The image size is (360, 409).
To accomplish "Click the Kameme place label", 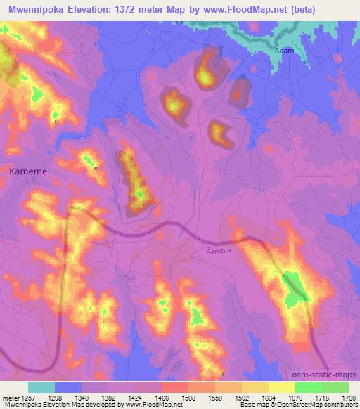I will tap(27, 170).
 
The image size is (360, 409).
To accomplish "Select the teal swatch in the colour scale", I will tap(41, 387).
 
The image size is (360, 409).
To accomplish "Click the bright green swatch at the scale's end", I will tap(335, 387).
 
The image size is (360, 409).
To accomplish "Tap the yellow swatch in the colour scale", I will tap(281, 387).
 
